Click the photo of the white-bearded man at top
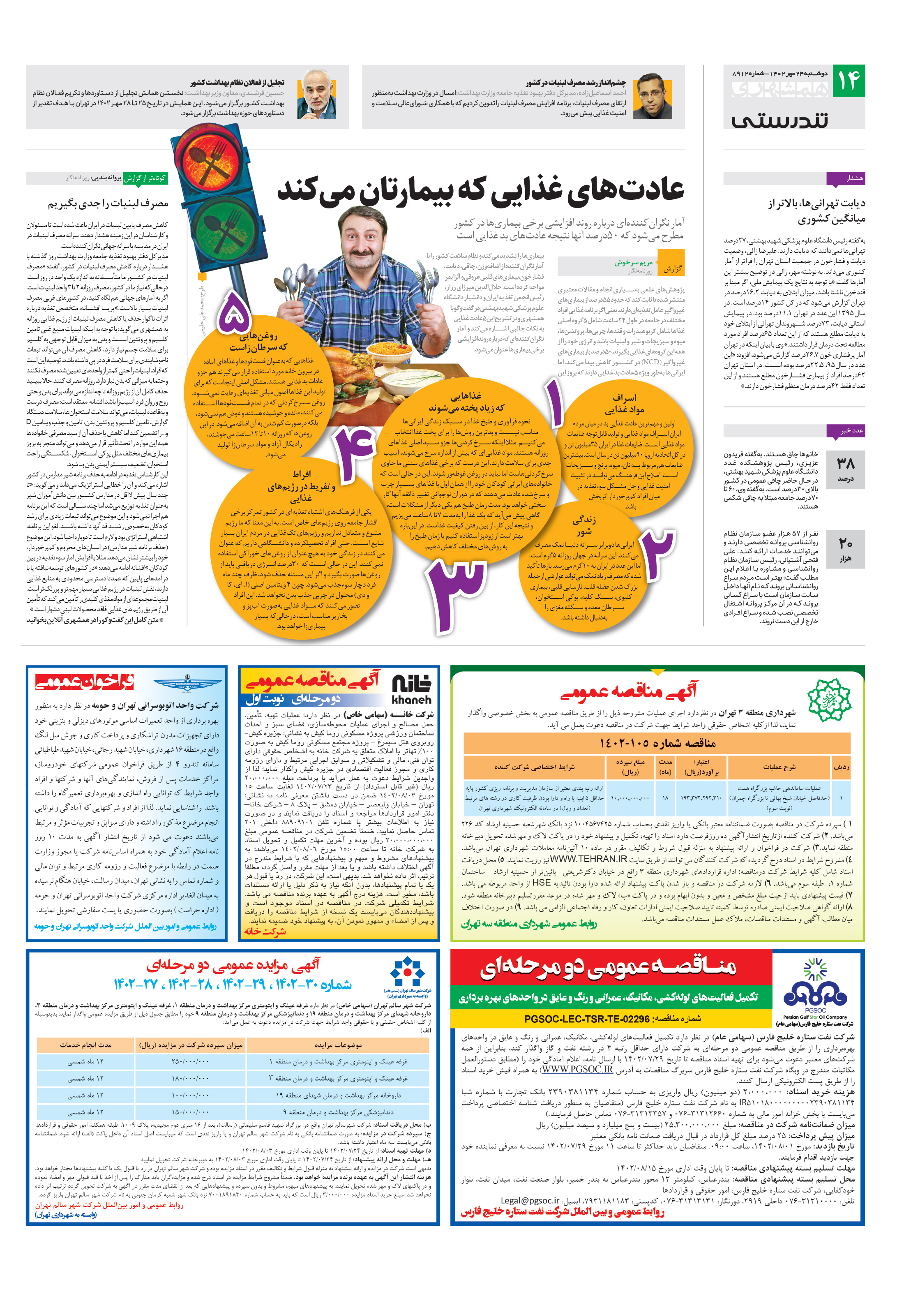point(317,95)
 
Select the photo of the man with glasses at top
point(653,96)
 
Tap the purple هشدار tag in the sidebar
point(845,178)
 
